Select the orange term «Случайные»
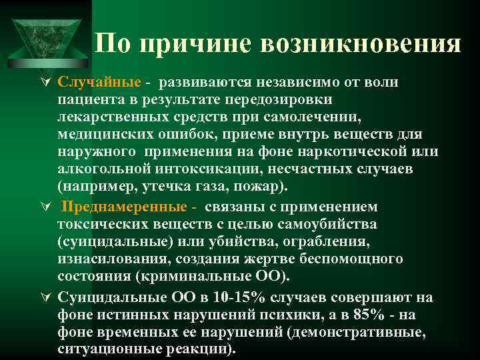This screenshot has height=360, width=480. (99, 82)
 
